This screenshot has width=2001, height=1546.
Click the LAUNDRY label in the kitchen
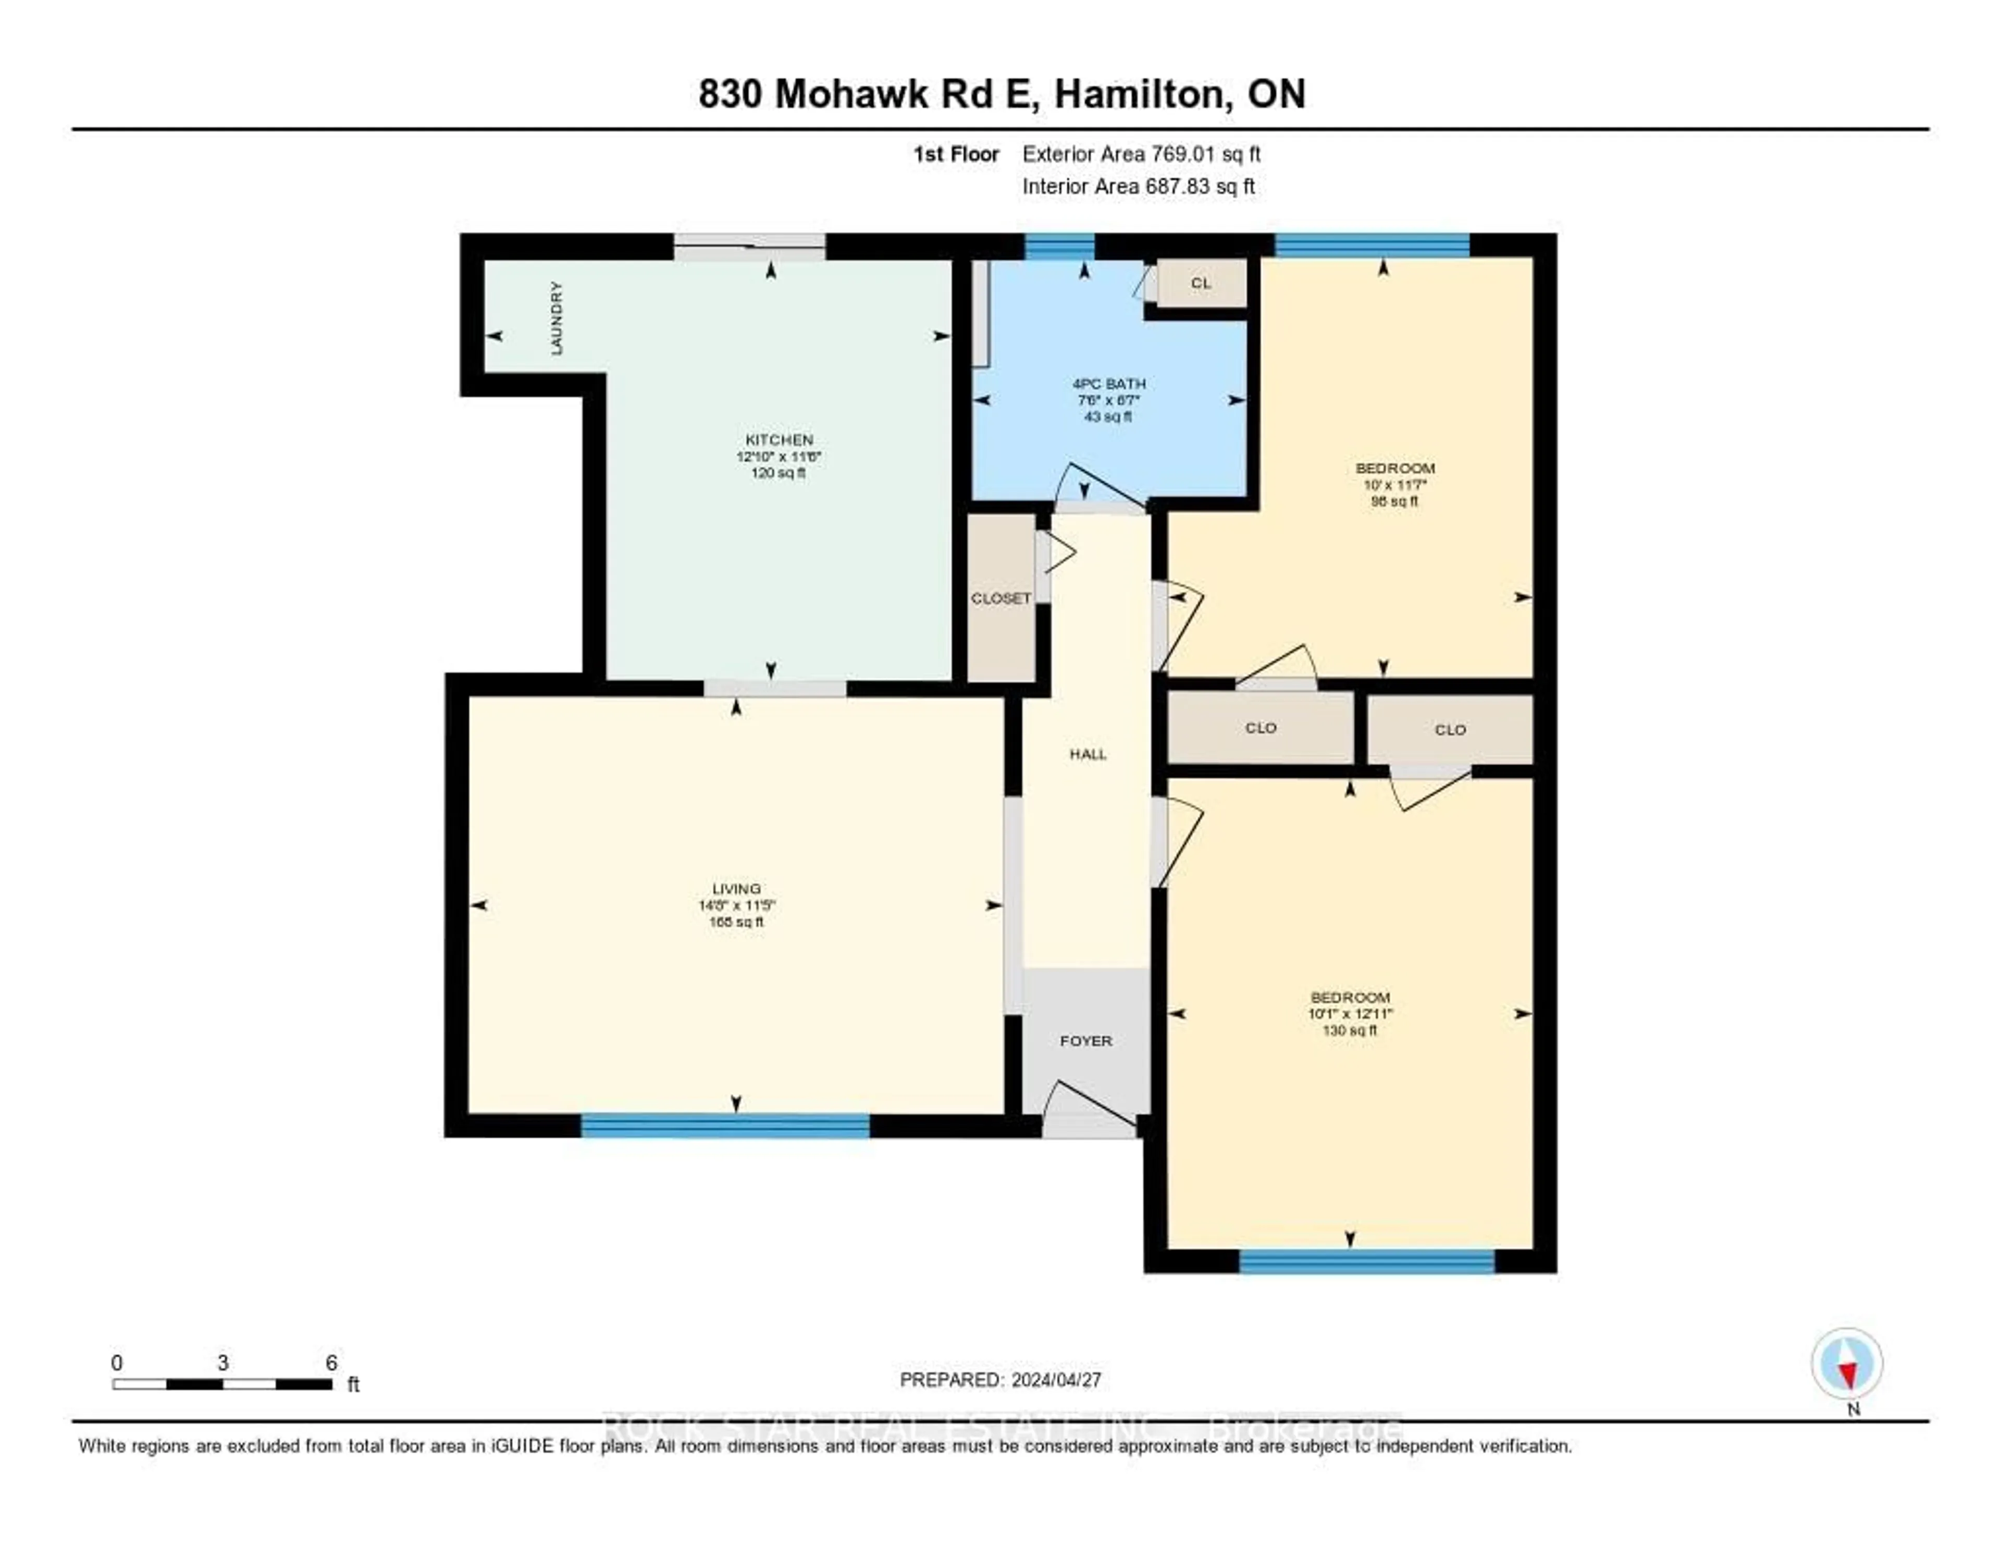(x=556, y=318)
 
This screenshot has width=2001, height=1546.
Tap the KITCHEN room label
(x=779, y=440)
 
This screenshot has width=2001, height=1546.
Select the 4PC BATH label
(x=1108, y=384)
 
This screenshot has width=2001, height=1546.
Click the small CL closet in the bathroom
(x=1200, y=283)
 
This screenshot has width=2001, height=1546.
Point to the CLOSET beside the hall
(x=1000, y=598)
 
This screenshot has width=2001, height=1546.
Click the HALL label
(x=1088, y=754)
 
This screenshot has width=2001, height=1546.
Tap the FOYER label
(x=1086, y=1041)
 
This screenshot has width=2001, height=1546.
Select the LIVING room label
(x=736, y=888)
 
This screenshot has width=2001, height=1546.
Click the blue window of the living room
(x=725, y=1125)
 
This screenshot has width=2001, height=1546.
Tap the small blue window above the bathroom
(x=1059, y=247)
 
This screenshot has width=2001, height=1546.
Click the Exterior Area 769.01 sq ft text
(x=1141, y=154)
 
